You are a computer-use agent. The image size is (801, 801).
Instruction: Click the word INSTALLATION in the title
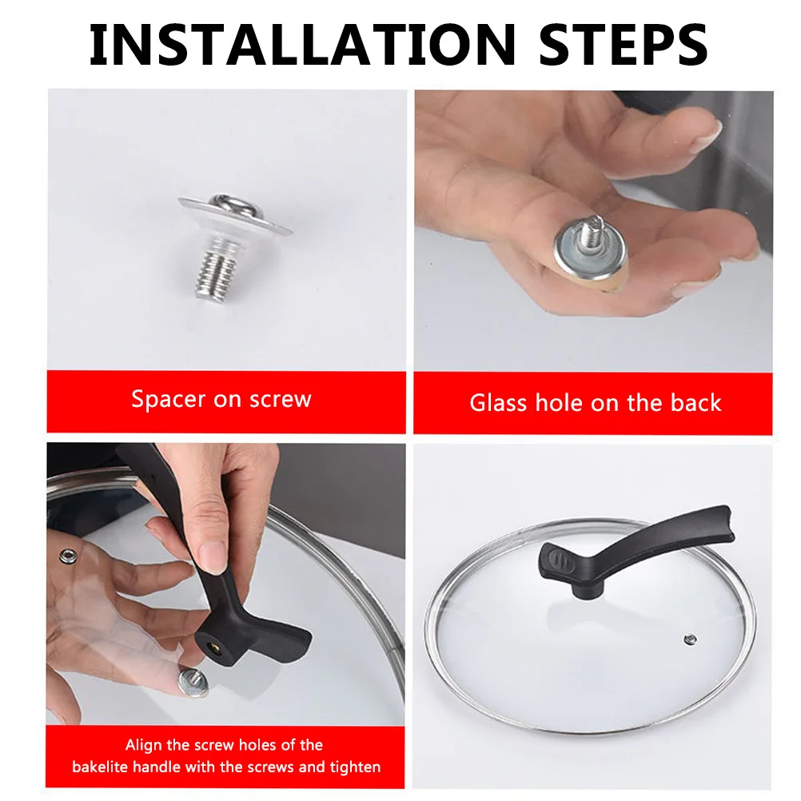[x=302, y=45]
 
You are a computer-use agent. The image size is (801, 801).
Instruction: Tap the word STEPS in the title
[x=624, y=45]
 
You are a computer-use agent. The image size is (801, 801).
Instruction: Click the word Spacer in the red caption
[x=169, y=399]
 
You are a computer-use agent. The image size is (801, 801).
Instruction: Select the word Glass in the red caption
[x=498, y=403]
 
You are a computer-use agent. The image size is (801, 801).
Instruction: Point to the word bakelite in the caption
[x=99, y=767]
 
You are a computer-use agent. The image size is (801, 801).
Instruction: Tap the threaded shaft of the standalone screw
[x=216, y=273]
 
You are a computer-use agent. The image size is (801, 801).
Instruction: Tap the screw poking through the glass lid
[x=193, y=683]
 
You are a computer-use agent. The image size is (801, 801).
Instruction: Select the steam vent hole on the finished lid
[x=690, y=639]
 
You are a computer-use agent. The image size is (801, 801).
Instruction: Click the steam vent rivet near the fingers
[x=68, y=556]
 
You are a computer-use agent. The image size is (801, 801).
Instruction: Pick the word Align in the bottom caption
[x=144, y=746]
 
